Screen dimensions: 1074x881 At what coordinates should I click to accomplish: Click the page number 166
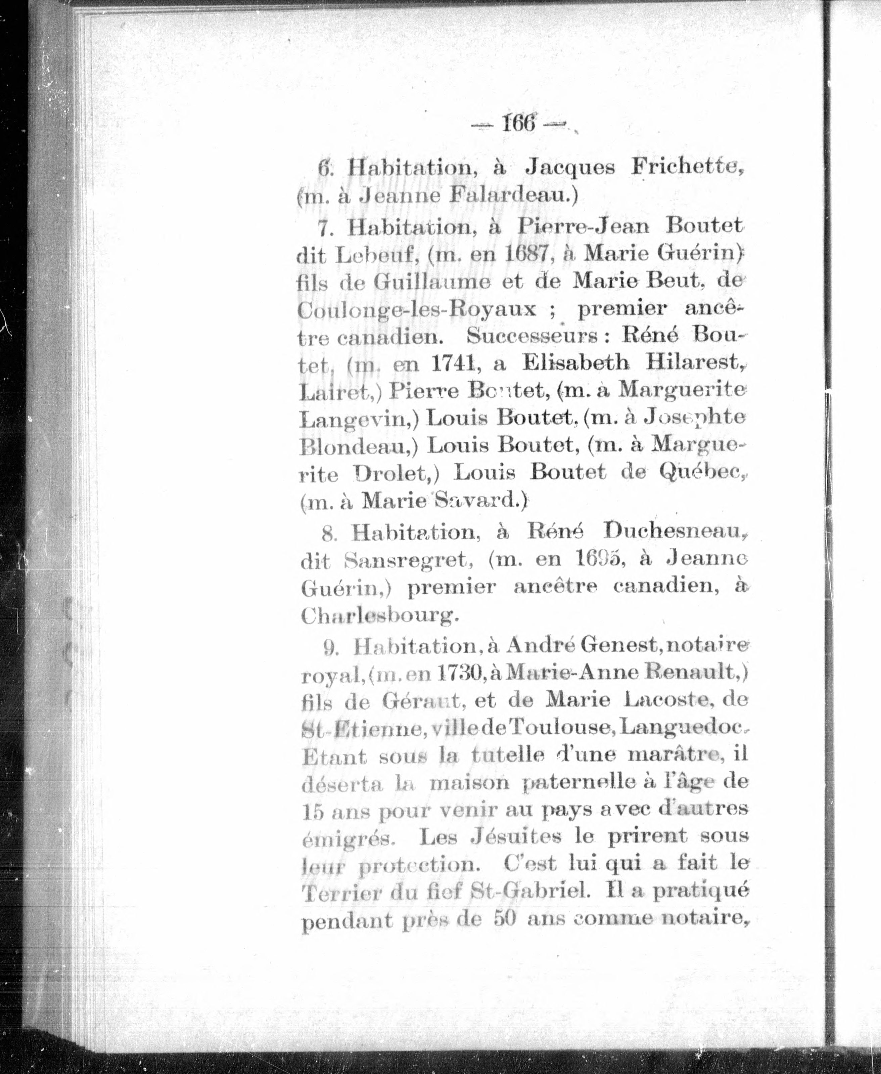(518, 123)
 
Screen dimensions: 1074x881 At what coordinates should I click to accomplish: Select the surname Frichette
(686, 168)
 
